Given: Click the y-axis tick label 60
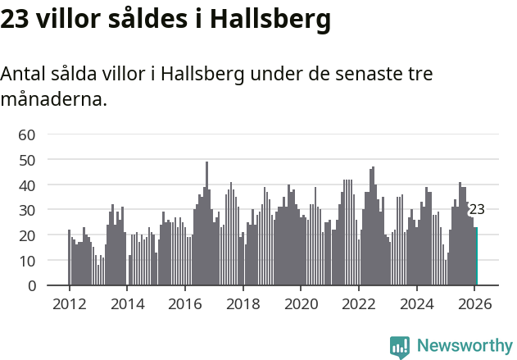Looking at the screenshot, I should pos(27,134).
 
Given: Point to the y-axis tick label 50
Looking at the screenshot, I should pos(27,160).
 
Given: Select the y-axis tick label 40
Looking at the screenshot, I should pos(27,185).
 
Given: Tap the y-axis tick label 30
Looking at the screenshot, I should pos(27,210).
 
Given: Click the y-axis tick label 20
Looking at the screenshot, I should pos(27,235).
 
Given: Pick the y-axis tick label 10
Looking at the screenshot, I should pos(27,261).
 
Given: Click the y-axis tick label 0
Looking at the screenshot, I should pos(31,286).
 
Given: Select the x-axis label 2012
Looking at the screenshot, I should pos(69,303).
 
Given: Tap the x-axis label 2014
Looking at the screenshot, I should pos(127,303).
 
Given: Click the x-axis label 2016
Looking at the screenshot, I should pos(185,303).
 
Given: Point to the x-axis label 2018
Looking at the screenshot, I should pos(243,303).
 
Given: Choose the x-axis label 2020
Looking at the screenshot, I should pos(301,303).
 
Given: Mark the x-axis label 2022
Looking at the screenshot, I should pos(359,303).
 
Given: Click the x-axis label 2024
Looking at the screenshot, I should pos(417,303).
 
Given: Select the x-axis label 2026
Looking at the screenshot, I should pos(475,303).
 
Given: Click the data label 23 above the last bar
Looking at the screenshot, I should pos(477,210).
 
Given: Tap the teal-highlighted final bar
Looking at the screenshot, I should pos(476,257).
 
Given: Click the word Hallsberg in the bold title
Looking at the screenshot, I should pos(270,18).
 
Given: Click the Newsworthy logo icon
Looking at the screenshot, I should pos(400,347).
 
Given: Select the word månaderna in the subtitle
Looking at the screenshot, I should pos(53,100).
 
